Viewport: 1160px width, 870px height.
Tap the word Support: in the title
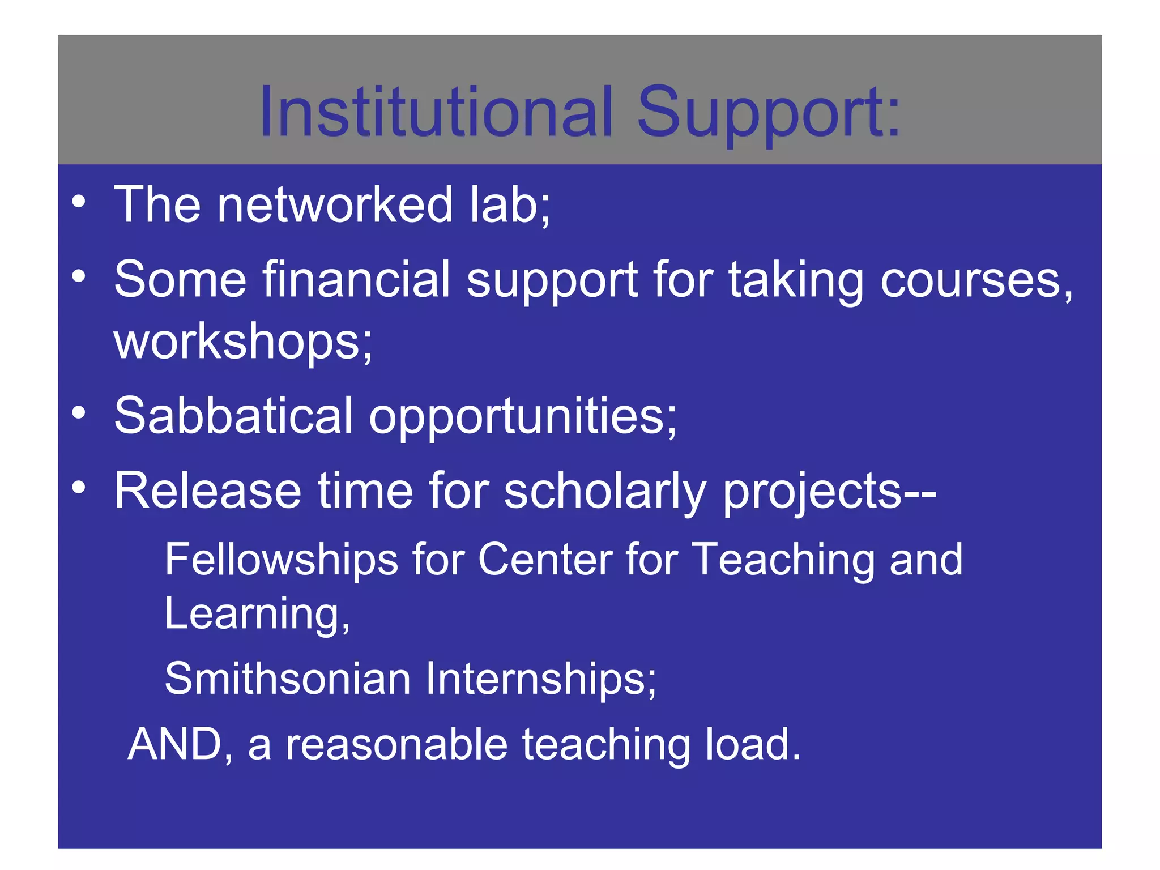769,113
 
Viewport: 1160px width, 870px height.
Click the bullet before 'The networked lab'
79,202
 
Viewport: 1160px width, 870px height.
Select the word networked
335,204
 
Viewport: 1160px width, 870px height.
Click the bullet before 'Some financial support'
79,276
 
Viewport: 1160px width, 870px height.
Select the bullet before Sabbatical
79,413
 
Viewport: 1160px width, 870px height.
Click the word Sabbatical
234,416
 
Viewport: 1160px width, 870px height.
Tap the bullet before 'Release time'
79,487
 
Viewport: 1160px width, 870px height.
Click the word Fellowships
282,560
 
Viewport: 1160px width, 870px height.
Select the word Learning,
257,614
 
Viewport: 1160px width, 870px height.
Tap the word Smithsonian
287,679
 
